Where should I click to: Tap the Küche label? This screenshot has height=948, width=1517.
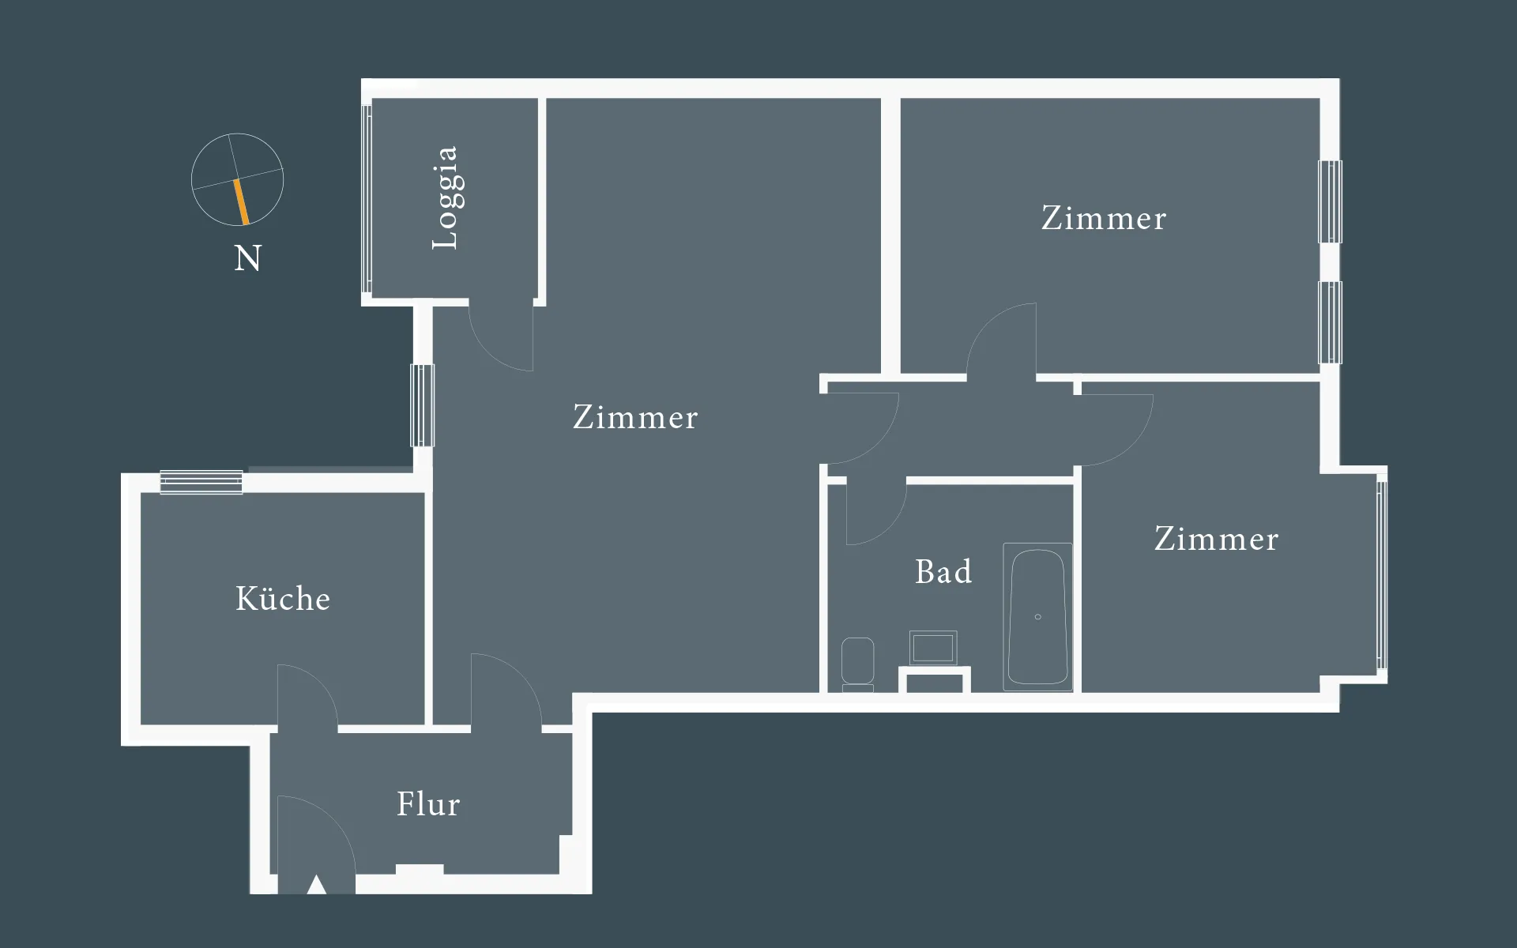point(283,599)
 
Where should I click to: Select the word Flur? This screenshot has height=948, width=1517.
point(428,804)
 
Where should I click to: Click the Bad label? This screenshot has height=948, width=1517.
point(943,572)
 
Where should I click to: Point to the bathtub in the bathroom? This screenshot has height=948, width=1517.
point(1037,616)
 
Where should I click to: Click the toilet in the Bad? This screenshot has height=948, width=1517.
point(857,662)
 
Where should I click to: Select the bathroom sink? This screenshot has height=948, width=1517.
point(933,648)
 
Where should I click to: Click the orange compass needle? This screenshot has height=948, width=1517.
point(241,201)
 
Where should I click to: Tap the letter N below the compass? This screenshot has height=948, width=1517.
point(247,258)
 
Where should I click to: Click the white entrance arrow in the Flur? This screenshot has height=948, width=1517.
point(317,885)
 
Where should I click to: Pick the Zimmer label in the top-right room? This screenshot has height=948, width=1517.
point(1104,219)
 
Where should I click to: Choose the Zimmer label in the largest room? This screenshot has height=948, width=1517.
point(635,418)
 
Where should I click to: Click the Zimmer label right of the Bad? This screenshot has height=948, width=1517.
point(1216,540)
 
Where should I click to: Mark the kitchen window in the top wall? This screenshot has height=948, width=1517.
point(201,481)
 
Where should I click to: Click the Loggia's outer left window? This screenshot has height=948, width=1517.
point(367,197)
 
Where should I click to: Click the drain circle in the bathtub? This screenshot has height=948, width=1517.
point(1037,616)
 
